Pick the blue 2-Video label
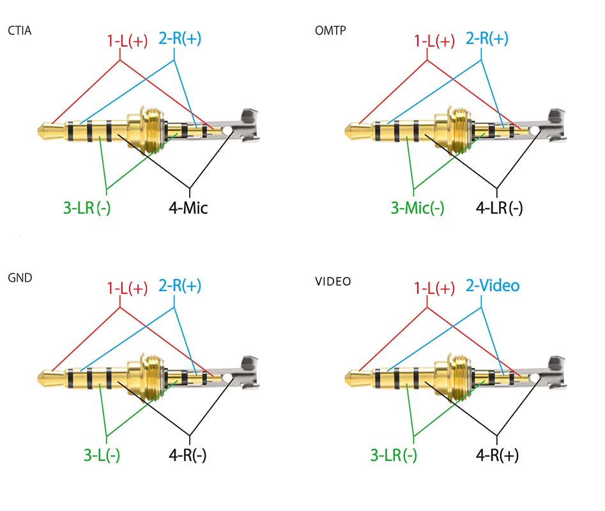tap(493, 285)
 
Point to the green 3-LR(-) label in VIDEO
tap(394, 455)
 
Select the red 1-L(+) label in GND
tap(126, 288)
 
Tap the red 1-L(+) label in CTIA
tap(126, 42)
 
